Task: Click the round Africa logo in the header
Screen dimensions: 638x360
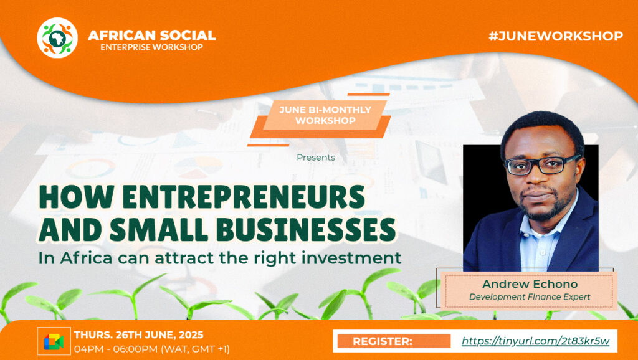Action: pos(57,38)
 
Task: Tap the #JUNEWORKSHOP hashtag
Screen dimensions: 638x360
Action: pos(556,36)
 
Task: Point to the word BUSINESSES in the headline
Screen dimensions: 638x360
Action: pos(305,229)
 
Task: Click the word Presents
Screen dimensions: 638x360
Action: pos(316,158)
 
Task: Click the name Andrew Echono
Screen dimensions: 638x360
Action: pos(530,284)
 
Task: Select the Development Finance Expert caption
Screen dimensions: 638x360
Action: pos(530,297)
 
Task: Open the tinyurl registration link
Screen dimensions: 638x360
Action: pos(535,341)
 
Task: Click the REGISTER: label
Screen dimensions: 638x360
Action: pos(383,341)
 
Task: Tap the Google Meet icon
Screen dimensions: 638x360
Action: pos(54,341)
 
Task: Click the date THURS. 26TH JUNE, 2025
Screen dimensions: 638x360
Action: pos(138,335)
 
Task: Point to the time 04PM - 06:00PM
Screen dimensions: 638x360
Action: pos(115,349)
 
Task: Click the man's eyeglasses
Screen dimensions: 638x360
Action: pos(541,165)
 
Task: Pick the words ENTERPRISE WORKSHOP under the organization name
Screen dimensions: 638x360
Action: pos(152,47)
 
